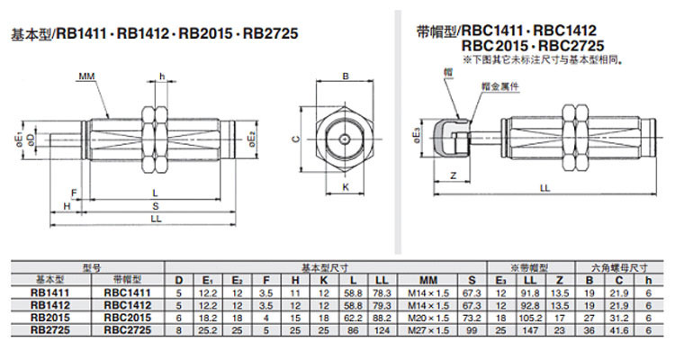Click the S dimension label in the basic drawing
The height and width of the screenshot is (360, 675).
(x=155, y=206)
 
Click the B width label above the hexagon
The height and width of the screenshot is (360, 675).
(x=345, y=77)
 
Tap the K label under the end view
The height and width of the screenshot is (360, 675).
(x=345, y=187)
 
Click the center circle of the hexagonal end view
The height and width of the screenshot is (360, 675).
(x=345, y=139)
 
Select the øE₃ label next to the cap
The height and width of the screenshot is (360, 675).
(x=417, y=134)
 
